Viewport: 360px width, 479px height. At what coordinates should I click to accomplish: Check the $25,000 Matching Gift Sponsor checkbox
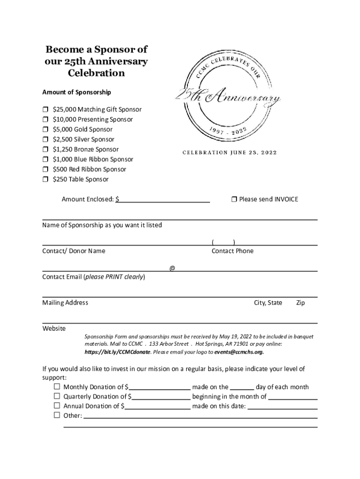tap(45, 109)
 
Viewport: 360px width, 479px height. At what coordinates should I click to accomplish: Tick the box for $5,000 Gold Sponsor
tap(45, 130)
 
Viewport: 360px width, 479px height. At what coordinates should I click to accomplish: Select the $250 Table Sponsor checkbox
tap(45, 180)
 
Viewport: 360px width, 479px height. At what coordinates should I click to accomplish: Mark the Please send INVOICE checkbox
tap(234, 199)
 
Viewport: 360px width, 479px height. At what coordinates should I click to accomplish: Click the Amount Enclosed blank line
tap(164, 200)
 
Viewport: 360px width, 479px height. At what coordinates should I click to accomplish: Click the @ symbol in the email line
tap(172, 268)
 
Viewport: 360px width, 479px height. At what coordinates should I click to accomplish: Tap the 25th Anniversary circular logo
tap(228, 98)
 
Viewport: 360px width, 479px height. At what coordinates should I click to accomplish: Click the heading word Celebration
tap(96, 73)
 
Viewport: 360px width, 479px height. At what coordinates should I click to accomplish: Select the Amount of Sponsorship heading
tap(77, 92)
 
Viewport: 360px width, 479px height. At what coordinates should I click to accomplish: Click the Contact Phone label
tap(232, 251)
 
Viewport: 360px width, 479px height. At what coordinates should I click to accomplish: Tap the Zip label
tap(300, 303)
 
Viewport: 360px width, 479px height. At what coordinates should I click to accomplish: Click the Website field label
tap(54, 328)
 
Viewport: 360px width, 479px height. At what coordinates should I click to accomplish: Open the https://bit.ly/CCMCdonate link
tap(117, 352)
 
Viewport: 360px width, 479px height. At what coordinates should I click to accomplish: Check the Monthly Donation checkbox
tap(57, 387)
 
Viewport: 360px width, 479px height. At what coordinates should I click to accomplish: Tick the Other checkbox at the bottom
tap(57, 415)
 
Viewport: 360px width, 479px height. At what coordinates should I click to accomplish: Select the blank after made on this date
tap(282, 406)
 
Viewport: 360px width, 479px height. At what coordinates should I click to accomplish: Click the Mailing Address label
tap(65, 303)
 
